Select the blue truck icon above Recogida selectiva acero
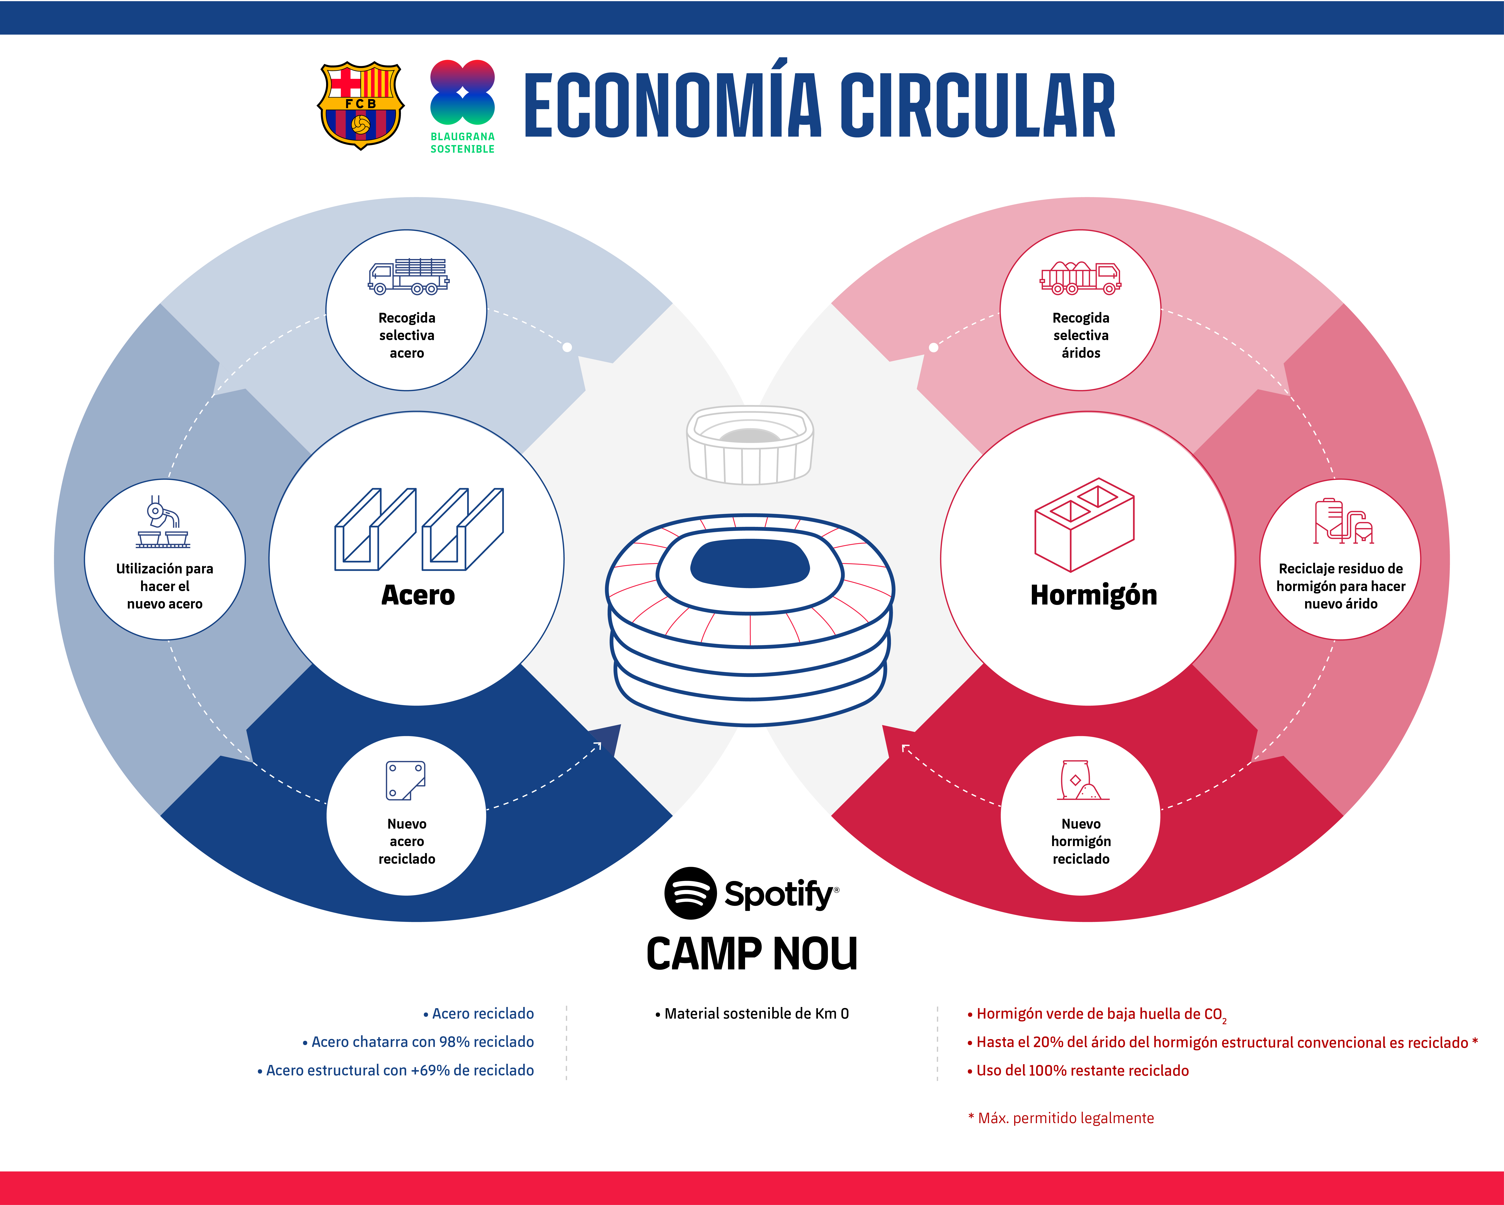(x=408, y=276)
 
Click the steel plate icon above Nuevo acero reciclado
(x=405, y=780)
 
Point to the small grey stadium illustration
(x=750, y=444)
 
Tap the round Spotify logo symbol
(x=690, y=893)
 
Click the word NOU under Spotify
(x=815, y=954)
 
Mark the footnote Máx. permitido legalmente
(x=1065, y=1118)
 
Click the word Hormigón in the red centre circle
(x=1093, y=595)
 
